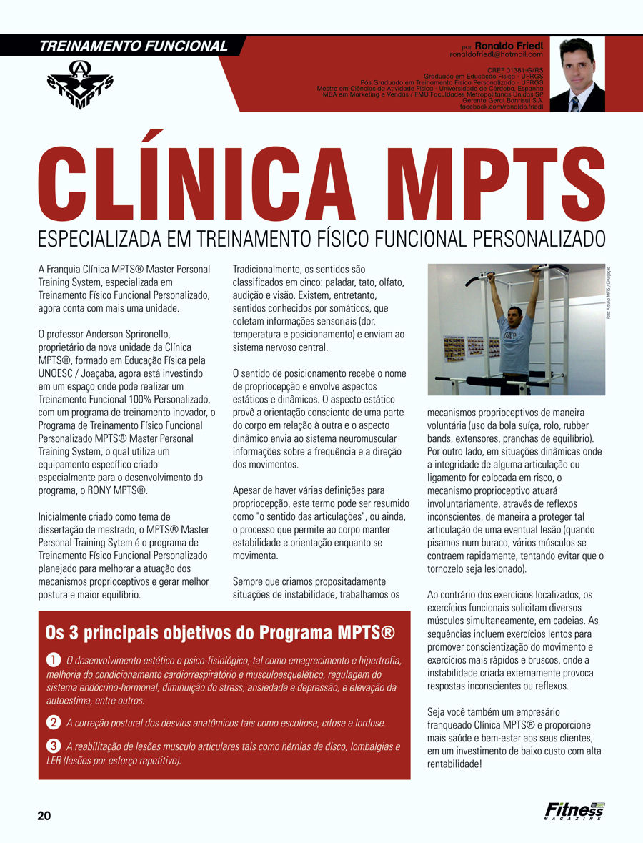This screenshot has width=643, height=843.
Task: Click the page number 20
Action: [44, 816]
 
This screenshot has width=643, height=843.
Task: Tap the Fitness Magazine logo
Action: [574, 811]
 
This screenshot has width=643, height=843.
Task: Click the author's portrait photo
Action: [577, 75]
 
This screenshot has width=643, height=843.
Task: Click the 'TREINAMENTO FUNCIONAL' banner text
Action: [134, 46]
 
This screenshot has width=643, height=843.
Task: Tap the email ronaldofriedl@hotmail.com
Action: [496, 54]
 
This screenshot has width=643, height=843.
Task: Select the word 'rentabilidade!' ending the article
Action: [454, 764]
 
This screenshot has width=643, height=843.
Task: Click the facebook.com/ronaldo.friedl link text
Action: [501, 106]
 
